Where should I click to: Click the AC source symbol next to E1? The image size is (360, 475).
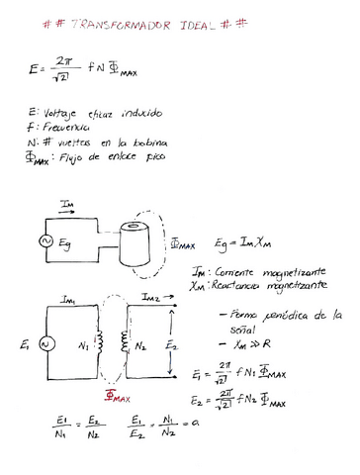44,342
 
